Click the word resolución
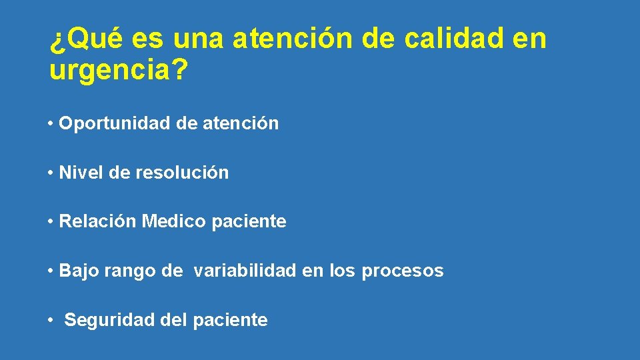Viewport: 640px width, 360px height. coord(182,173)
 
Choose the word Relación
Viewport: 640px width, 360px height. coord(98,221)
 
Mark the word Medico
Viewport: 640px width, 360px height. coord(174,221)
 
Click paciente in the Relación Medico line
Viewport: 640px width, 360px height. coord(249,222)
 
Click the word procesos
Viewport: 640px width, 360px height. coord(403,271)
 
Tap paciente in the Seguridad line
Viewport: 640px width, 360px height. coord(230,321)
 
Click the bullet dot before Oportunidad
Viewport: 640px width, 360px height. coord(51,124)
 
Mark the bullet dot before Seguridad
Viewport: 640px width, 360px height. coord(51,321)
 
